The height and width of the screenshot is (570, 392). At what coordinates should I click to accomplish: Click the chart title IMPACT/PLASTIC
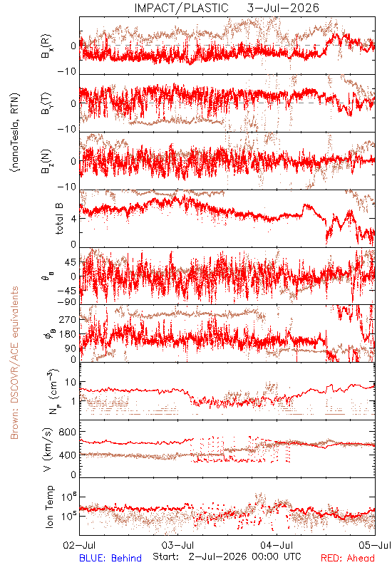[x=182, y=8]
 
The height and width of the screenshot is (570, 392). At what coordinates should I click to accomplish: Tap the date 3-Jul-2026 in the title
[x=283, y=8]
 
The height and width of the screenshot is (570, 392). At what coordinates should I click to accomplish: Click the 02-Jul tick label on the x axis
[x=79, y=545]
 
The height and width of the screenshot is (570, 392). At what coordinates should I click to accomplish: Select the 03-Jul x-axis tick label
[x=177, y=545]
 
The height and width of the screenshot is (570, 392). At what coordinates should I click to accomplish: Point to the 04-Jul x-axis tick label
[x=277, y=545]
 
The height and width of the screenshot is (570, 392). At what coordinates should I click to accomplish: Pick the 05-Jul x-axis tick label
[x=375, y=545]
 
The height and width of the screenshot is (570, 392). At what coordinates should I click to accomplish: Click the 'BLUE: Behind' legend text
[x=110, y=558]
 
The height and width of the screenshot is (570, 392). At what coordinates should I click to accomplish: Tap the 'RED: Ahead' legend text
[x=348, y=558]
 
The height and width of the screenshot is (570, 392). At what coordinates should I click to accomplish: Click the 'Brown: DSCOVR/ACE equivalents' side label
[x=14, y=363]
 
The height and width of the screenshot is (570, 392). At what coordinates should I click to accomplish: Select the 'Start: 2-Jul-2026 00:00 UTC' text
[x=227, y=556]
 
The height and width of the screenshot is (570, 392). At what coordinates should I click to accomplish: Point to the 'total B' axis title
[x=59, y=219]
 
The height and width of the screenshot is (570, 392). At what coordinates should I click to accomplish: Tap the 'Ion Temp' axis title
[x=49, y=507]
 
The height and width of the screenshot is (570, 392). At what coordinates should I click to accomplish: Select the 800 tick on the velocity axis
[x=68, y=432]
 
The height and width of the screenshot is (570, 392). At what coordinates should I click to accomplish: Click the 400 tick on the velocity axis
[x=68, y=455]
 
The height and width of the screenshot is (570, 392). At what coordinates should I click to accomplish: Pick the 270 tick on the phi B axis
[x=68, y=319]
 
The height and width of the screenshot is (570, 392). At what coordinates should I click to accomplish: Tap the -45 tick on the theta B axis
[x=66, y=291]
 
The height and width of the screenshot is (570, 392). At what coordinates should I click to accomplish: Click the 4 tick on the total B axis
[x=74, y=219]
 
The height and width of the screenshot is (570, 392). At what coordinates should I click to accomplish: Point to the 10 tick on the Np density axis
[x=71, y=383]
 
